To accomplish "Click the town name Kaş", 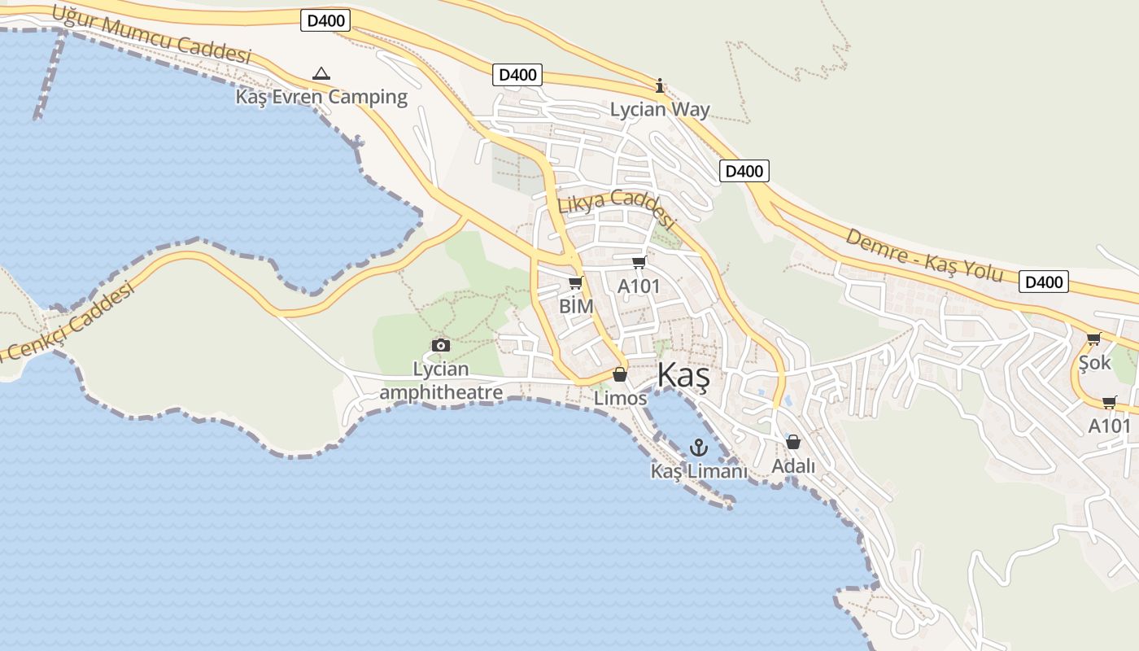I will click(x=683, y=375).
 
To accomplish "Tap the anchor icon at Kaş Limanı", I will click(x=698, y=447).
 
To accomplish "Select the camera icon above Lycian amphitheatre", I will click(x=441, y=345).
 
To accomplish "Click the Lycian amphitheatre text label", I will click(x=441, y=381).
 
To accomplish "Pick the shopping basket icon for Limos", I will click(x=620, y=374).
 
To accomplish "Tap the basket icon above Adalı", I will click(x=793, y=442).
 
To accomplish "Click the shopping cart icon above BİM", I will click(x=576, y=283).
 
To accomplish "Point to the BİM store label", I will click(x=576, y=307).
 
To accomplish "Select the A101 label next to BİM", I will click(x=639, y=286).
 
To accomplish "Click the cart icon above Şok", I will click(x=1093, y=339).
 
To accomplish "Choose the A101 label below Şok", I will click(x=1110, y=426).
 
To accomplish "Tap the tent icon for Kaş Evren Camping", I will click(x=321, y=73).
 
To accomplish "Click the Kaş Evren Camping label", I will click(x=321, y=97).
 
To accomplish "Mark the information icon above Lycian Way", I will click(x=660, y=85).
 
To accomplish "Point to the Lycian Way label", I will click(x=660, y=109).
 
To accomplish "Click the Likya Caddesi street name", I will click(x=617, y=208).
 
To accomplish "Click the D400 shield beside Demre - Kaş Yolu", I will click(x=1043, y=282).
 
